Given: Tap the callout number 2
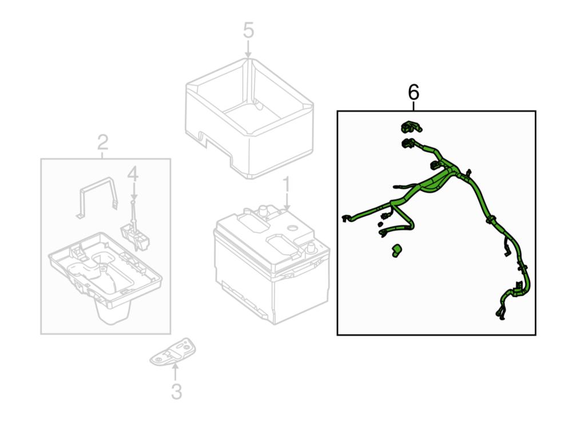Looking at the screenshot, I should [103, 141].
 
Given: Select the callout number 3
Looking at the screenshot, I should [176, 392].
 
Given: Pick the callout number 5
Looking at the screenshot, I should [248, 30].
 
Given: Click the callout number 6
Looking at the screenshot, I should [414, 92].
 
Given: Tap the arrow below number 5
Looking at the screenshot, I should [248, 50].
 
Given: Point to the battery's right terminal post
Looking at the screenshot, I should [312, 248].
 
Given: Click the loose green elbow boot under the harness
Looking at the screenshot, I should [396, 251].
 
